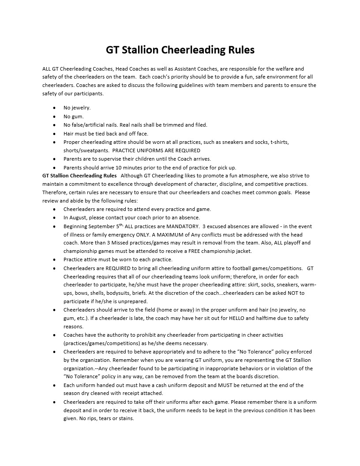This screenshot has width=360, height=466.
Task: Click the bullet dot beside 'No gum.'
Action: point(54,116)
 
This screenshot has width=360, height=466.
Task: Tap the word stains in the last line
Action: point(126,418)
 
